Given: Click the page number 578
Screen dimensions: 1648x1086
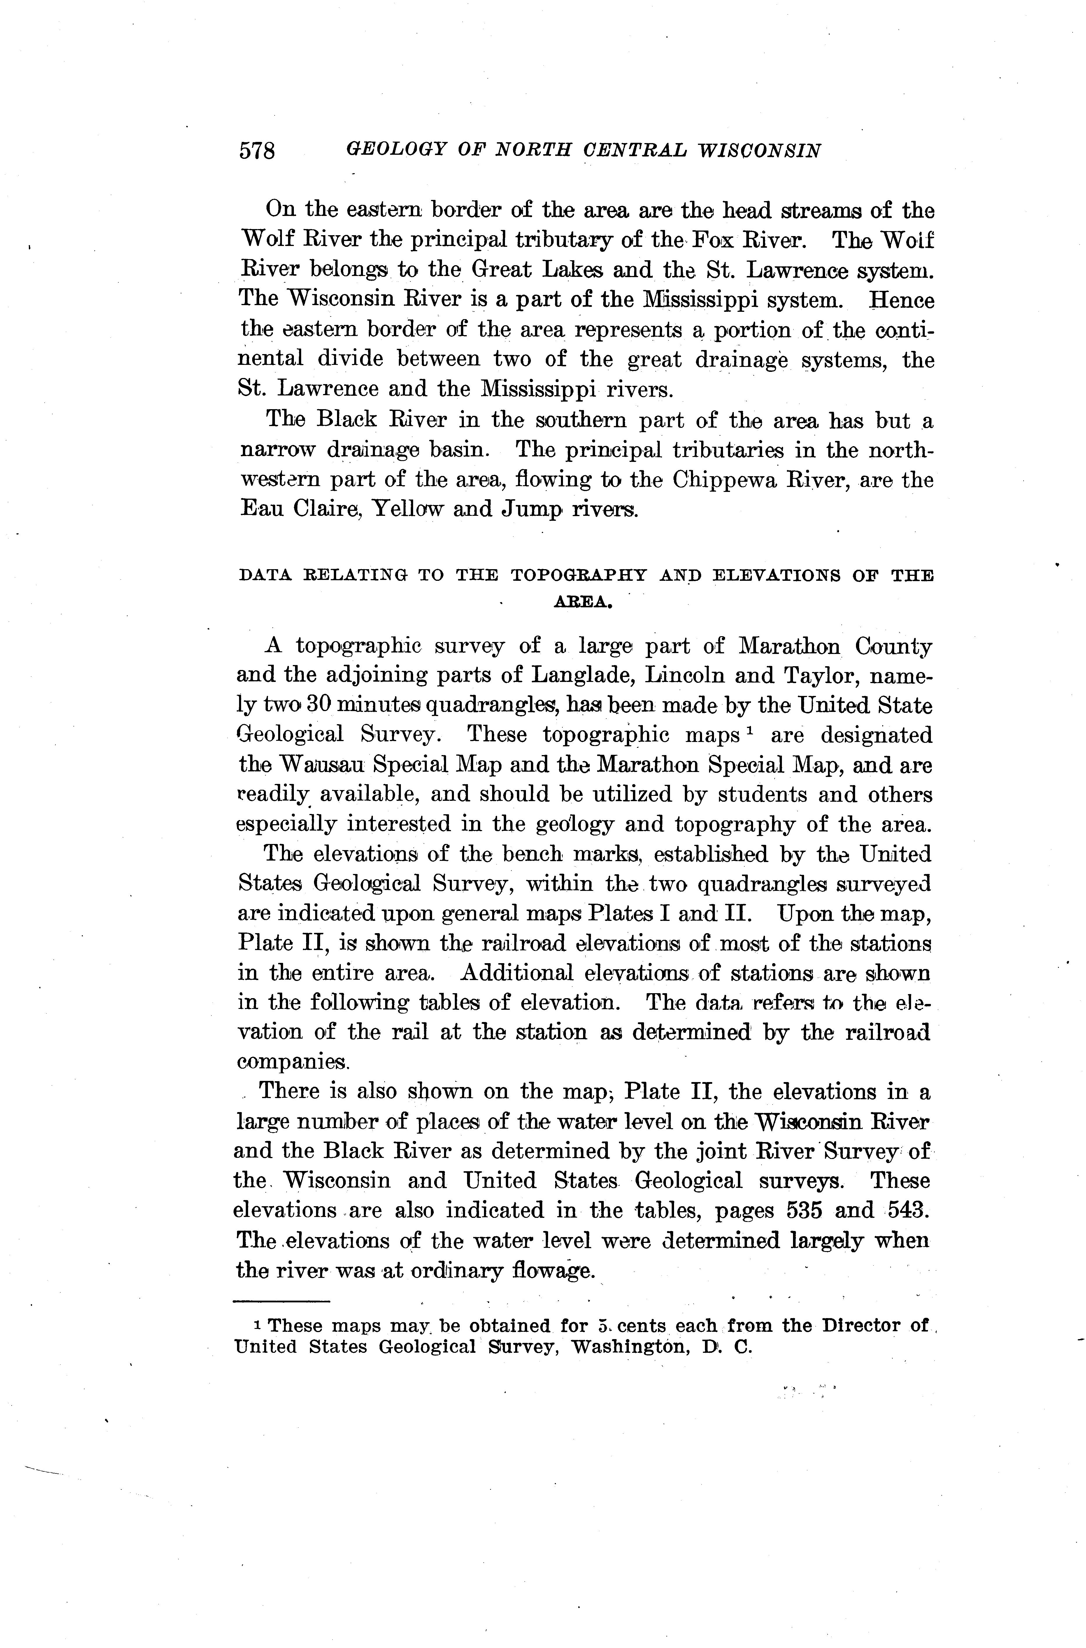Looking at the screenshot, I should (x=257, y=151).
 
